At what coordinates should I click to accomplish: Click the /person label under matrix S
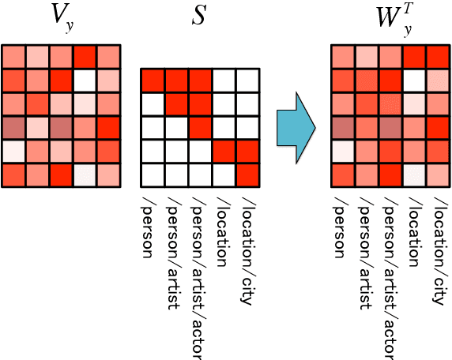pyautogui.click(x=151, y=224)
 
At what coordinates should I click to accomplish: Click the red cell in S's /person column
pyautogui.click(x=153, y=81)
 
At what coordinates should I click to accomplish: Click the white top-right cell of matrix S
pyautogui.click(x=247, y=81)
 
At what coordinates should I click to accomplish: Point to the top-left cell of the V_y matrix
pyautogui.click(x=13, y=57)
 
